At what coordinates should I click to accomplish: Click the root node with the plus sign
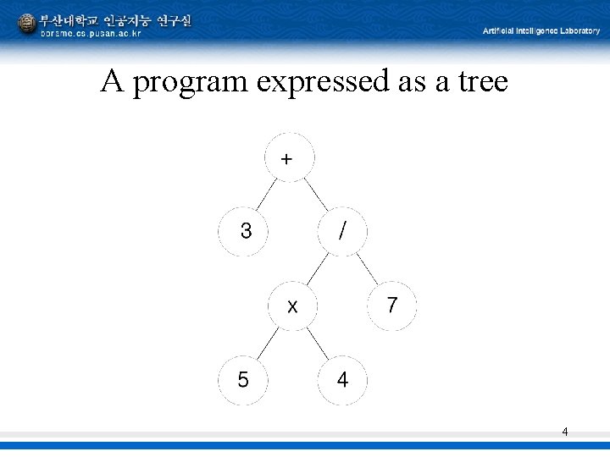click(288, 158)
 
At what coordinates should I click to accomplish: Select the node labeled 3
click(245, 230)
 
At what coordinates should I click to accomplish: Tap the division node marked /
click(341, 230)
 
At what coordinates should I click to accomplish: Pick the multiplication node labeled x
click(292, 305)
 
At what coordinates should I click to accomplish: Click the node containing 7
click(391, 305)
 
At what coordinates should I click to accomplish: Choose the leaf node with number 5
click(244, 379)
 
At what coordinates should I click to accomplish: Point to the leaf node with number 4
click(342, 379)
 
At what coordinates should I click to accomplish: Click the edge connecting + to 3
click(267, 194)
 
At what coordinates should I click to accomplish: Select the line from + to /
click(315, 194)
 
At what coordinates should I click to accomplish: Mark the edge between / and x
click(317, 267)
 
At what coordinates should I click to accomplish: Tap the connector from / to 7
click(367, 267)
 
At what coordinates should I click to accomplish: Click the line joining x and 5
click(268, 342)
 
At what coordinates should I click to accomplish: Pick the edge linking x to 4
click(318, 342)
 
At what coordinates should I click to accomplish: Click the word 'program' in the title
click(191, 82)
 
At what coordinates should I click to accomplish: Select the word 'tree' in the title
click(481, 81)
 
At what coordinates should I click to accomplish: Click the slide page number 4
click(565, 432)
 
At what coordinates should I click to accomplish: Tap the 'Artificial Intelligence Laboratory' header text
click(541, 30)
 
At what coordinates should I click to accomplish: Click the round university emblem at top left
click(27, 23)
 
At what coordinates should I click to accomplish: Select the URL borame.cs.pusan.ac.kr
click(91, 33)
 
